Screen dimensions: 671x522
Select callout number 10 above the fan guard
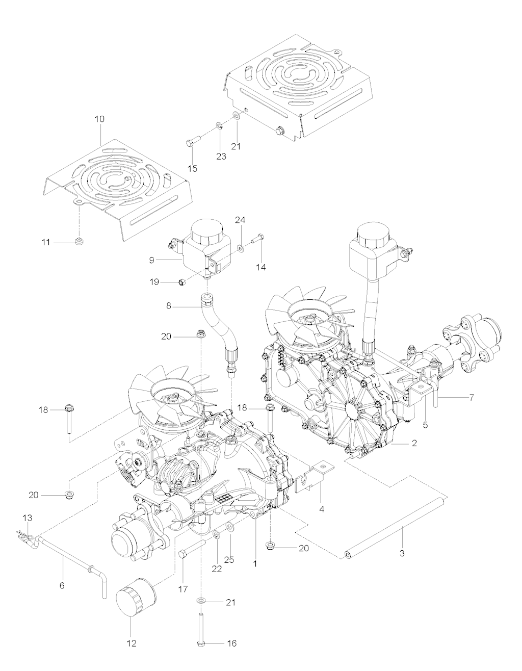[99, 119]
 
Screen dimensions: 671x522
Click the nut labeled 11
[79, 241]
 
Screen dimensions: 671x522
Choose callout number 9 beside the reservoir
[152, 260]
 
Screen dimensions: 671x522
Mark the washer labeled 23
[219, 124]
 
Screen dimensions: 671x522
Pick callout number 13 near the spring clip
[27, 518]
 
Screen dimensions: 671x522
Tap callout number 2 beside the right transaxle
[414, 444]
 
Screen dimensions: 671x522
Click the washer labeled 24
[240, 248]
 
